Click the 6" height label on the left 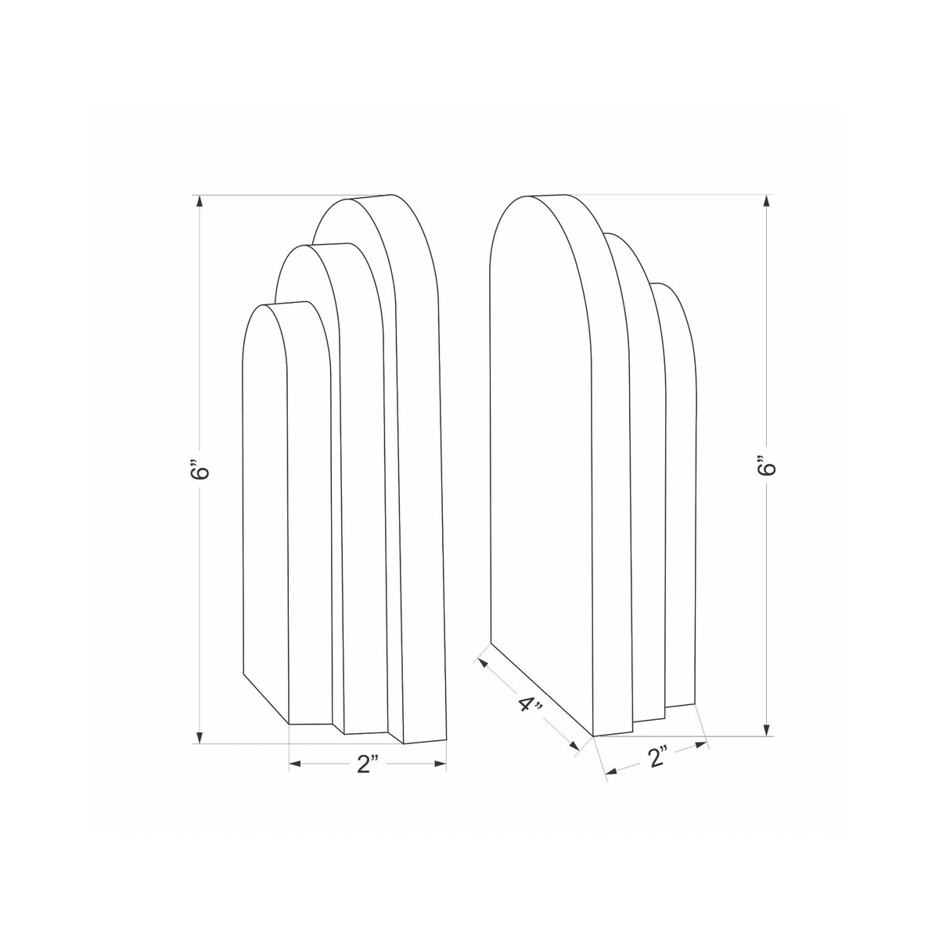[200, 469]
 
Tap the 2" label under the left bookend [368, 764]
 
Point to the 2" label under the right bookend [657, 757]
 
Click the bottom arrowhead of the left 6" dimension [200, 738]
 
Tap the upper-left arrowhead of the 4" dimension [484, 664]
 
